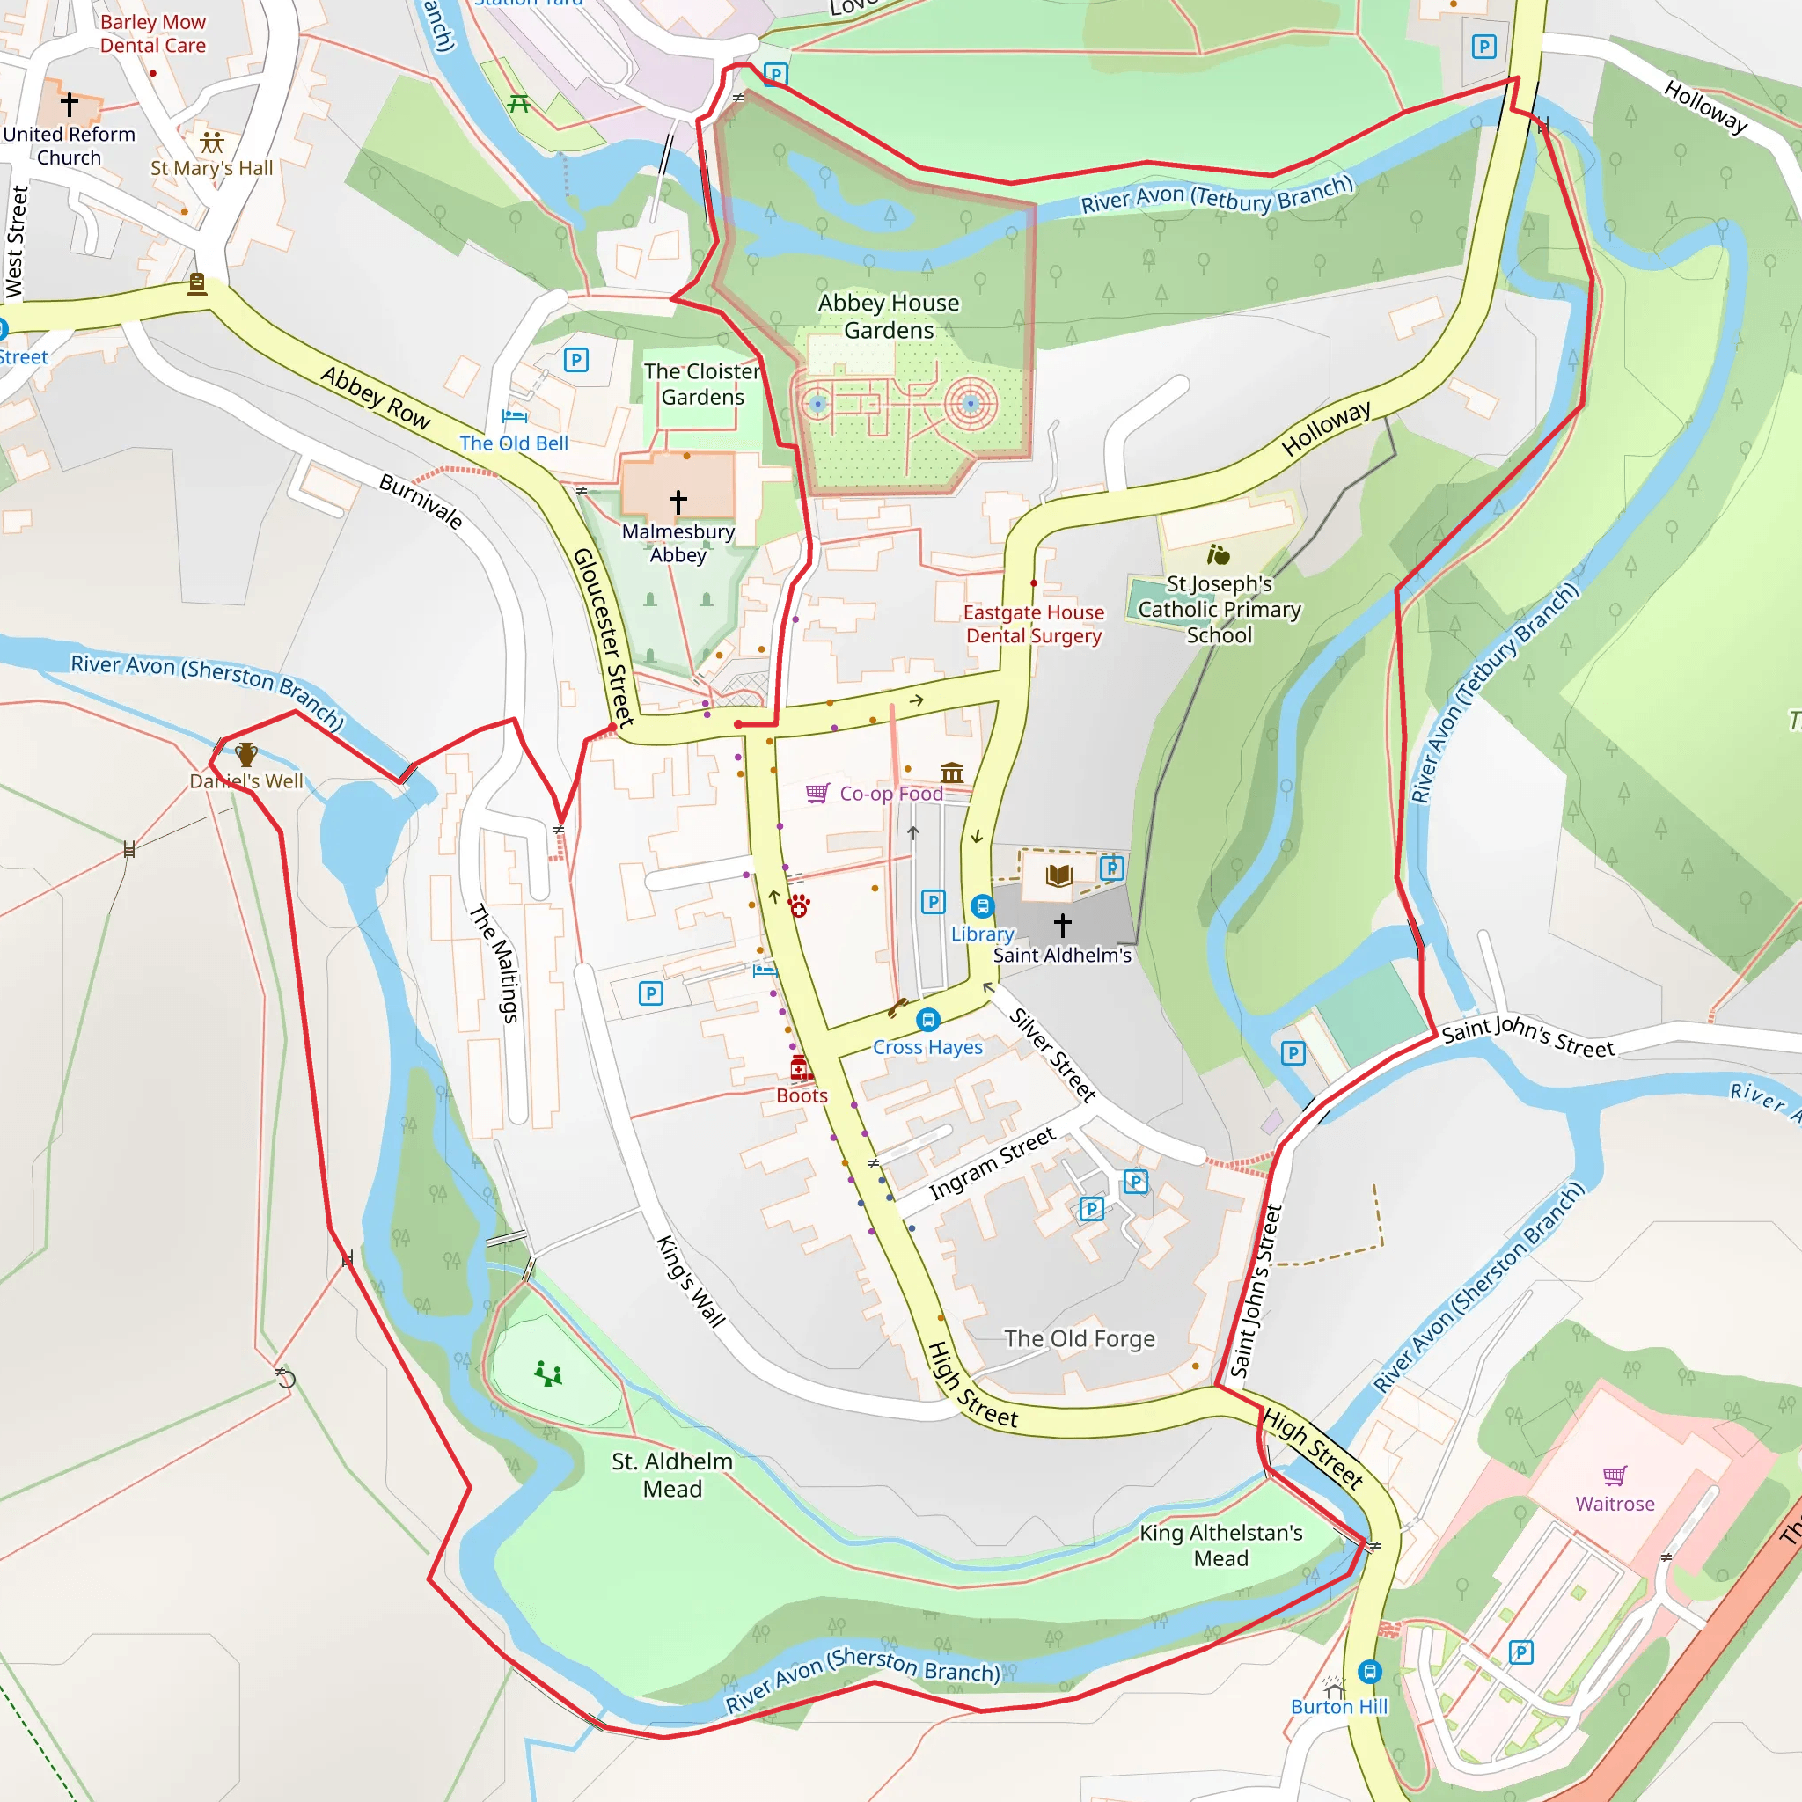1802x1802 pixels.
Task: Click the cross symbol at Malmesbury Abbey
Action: point(678,502)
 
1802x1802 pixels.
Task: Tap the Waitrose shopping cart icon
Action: point(1615,1476)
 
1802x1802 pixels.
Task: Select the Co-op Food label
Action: point(890,794)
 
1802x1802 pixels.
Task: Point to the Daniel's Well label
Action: point(246,781)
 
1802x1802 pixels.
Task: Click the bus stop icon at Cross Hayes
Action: point(927,1020)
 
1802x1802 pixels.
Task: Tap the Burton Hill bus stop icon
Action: point(1368,1671)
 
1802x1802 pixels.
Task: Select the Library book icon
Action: point(1058,875)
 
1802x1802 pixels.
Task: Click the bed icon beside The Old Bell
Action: point(514,415)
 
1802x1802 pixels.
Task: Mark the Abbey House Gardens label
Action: point(888,316)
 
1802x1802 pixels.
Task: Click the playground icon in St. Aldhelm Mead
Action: point(548,1373)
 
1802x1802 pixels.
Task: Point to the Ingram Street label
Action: point(992,1163)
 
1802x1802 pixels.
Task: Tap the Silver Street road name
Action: point(1052,1055)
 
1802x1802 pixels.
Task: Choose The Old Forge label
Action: point(1079,1338)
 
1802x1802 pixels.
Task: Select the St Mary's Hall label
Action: point(212,168)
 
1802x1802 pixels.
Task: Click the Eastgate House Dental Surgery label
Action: point(1034,624)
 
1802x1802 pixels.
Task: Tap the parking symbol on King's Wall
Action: point(651,993)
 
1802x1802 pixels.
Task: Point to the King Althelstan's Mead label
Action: point(1220,1545)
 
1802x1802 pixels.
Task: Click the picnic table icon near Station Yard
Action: point(519,104)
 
